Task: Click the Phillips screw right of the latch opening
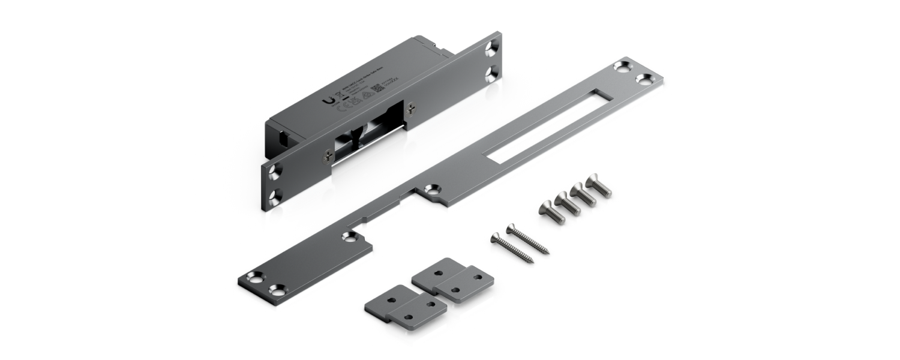pyautogui.click(x=410, y=108)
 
